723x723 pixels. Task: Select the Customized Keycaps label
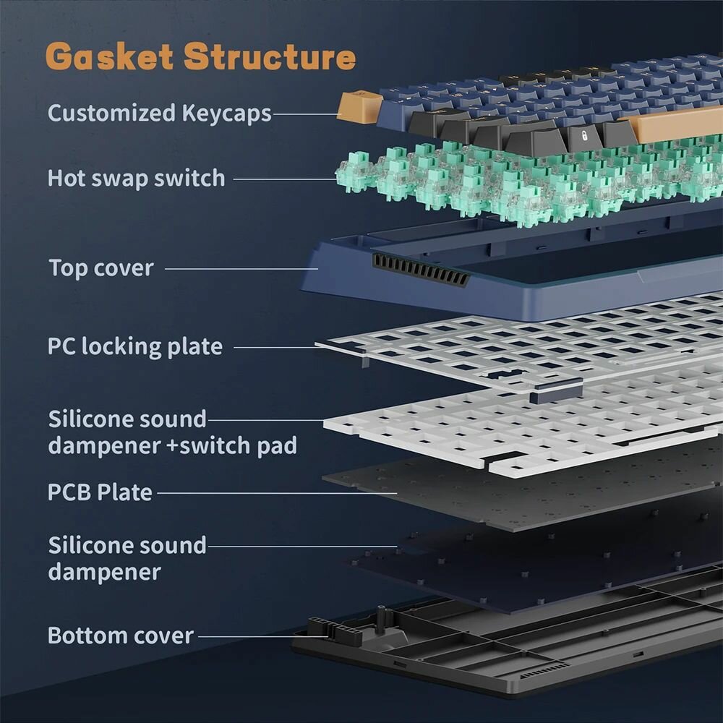coord(159,114)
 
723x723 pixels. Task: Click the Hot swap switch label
coord(136,178)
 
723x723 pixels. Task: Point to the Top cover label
coord(101,268)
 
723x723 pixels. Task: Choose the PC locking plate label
coord(134,346)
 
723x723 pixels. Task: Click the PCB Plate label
coord(100,492)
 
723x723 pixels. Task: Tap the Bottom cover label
coord(120,636)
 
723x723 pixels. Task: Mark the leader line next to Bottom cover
coord(257,636)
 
